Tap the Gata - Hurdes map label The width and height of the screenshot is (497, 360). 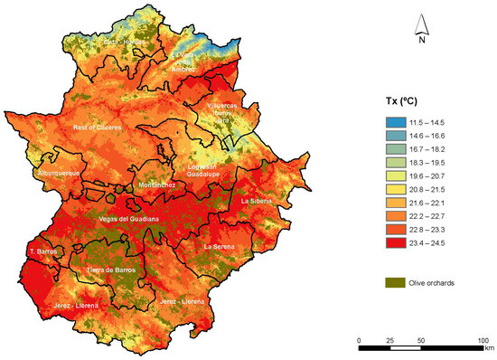124,42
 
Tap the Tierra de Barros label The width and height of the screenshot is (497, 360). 111,270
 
